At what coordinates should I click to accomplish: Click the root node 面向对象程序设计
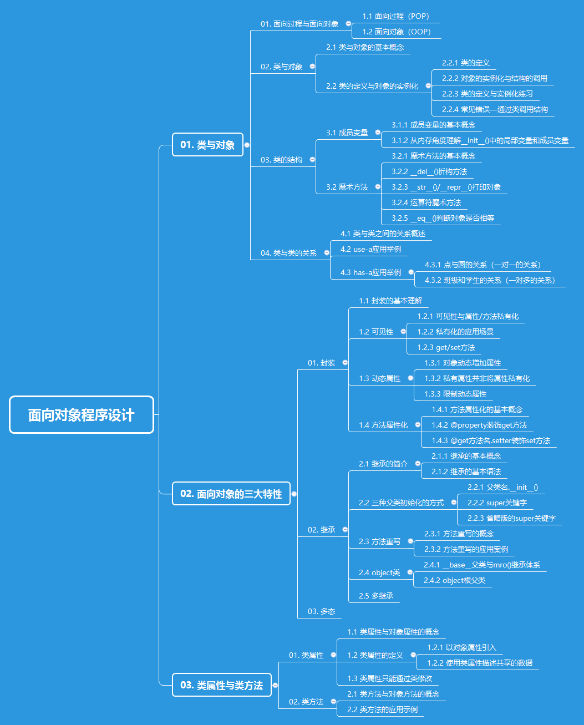[x=82, y=415]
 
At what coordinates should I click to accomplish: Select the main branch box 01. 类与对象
[x=207, y=145]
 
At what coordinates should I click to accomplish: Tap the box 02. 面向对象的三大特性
[x=231, y=494]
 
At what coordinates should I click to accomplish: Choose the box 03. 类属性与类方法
[x=221, y=685]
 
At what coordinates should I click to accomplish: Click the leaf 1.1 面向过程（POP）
[x=395, y=16]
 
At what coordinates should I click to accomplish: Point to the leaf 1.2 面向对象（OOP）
[x=396, y=32]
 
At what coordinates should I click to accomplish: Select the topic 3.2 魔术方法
[x=347, y=187]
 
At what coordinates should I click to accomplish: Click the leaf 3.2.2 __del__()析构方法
[x=429, y=171]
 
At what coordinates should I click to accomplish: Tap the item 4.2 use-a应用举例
[x=370, y=249]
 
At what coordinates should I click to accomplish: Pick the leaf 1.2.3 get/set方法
[x=446, y=347]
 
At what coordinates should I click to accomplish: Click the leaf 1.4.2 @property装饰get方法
[x=479, y=425]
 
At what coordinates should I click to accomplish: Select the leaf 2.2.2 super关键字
[x=497, y=503]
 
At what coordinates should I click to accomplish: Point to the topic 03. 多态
[x=322, y=611]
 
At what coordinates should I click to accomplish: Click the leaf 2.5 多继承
[x=376, y=596]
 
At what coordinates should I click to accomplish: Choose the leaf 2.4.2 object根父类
[x=454, y=580]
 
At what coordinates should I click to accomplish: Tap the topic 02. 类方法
[x=306, y=702]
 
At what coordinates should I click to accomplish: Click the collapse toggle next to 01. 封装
[x=345, y=363]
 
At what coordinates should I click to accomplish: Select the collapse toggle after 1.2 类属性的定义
[x=413, y=655]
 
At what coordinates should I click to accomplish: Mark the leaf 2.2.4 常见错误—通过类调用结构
[x=495, y=109]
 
